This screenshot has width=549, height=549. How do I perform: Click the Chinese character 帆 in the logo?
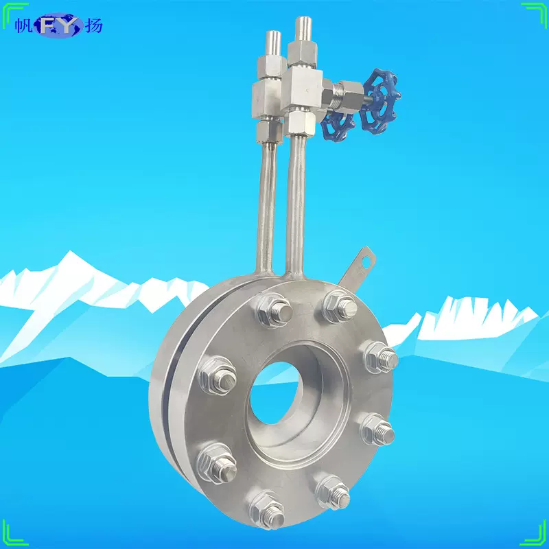[22, 25]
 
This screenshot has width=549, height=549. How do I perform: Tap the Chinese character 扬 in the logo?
[94, 25]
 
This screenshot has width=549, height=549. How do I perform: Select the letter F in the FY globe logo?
[49, 25]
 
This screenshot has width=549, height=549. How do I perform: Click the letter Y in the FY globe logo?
[69, 25]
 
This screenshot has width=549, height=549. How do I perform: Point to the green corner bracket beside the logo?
[8, 10]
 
